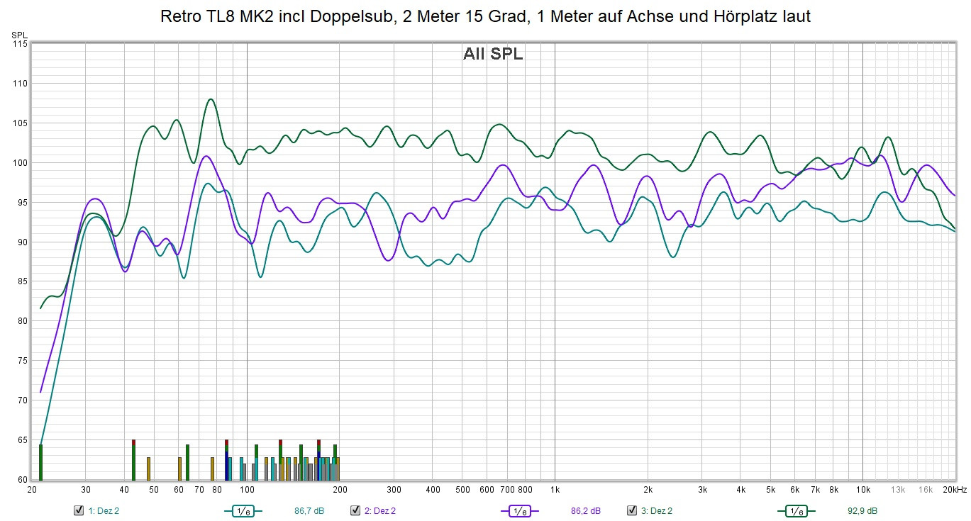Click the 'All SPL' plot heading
tap(493, 54)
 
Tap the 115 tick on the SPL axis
tap(19, 44)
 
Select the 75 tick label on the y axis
tap(21, 361)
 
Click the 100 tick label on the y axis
tap(19, 163)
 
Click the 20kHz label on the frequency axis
tap(955, 489)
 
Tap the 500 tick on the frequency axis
tap(462, 489)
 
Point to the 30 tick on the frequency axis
tap(85, 489)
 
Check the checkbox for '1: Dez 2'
tap(79, 510)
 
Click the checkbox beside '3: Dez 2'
tap(631, 510)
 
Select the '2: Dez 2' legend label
tap(380, 510)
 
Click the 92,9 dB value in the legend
tap(862, 510)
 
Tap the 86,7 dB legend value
tap(309, 510)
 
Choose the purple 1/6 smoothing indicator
tap(520, 510)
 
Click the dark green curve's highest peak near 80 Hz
tap(211, 99)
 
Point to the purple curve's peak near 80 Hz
tap(206, 156)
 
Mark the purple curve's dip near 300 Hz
tap(388, 260)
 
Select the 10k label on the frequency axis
tap(862, 489)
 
